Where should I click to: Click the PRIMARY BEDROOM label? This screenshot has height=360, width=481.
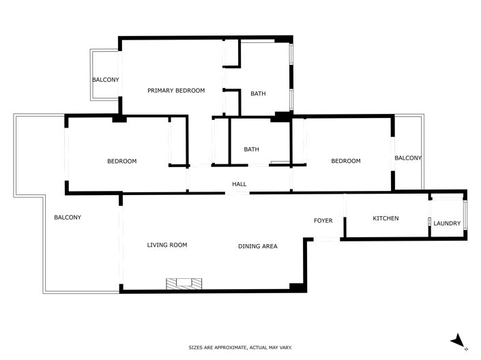tap(176, 91)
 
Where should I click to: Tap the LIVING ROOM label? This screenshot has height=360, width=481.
tap(167, 245)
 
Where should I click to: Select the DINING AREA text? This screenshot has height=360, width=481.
tap(257, 246)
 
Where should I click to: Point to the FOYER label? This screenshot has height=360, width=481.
tap(323, 221)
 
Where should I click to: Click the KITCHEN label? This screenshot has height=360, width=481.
tap(385, 218)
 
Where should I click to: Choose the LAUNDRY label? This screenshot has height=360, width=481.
tap(447, 224)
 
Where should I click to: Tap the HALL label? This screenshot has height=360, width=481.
tap(239, 184)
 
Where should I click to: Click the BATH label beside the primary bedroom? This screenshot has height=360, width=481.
tap(258, 93)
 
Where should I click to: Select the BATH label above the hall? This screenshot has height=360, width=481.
tap(252, 149)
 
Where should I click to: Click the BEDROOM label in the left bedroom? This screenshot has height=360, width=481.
tap(121, 162)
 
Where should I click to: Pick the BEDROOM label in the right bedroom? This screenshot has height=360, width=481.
tap(345, 161)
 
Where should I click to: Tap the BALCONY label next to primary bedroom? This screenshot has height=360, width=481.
tap(106, 80)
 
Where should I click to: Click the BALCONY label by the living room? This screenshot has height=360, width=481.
tap(68, 217)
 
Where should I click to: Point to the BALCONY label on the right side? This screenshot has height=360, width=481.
tap(408, 158)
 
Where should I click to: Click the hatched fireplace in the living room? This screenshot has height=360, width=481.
tap(184, 283)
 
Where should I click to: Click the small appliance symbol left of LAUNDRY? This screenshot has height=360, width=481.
tap(430, 222)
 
